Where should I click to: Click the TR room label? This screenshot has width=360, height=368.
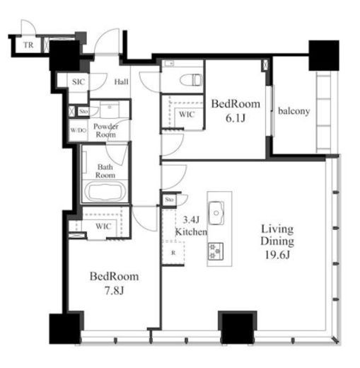pyautogui.click(x=28, y=45)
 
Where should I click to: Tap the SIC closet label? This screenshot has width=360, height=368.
pyautogui.click(x=79, y=82)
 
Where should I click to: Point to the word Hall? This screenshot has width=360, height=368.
pyautogui.click(x=121, y=82)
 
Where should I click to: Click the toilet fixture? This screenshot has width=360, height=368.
pyautogui.click(x=191, y=80)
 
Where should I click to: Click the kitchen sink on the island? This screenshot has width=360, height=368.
pyautogui.click(x=216, y=213)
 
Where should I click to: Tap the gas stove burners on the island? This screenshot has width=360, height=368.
pyautogui.click(x=216, y=251)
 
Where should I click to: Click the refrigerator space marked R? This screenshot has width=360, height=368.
pyautogui.click(x=173, y=253)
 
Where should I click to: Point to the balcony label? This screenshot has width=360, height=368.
pyautogui.click(x=294, y=111)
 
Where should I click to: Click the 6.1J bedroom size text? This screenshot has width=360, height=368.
pyautogui.click(x=236, y=118)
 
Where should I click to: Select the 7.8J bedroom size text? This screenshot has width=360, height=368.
pyautogui.click(x=115, y=291)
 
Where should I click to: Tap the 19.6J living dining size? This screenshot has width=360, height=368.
pyautogui.click(x=277, y=255)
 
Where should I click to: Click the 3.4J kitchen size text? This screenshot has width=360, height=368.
pyautogui.click(x=191, y=220)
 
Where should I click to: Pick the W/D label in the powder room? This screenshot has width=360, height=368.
pyautogui.click(x=79, y=130)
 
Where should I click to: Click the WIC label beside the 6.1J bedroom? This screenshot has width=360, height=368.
pyautogui.click(x=187, y=115)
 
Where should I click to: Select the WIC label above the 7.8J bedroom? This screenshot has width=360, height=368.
pyautogui.click(x=103, y=226)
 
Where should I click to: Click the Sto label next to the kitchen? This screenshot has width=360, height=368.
pyautogui.click(x=169, y=200)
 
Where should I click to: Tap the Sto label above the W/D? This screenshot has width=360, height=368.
pyautogui.click(x=83, y=111)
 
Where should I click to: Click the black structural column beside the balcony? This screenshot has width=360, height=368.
pyautogui.click(x=324, y=55)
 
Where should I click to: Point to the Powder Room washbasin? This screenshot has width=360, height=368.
pyautogui.click(x=110, y=109)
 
